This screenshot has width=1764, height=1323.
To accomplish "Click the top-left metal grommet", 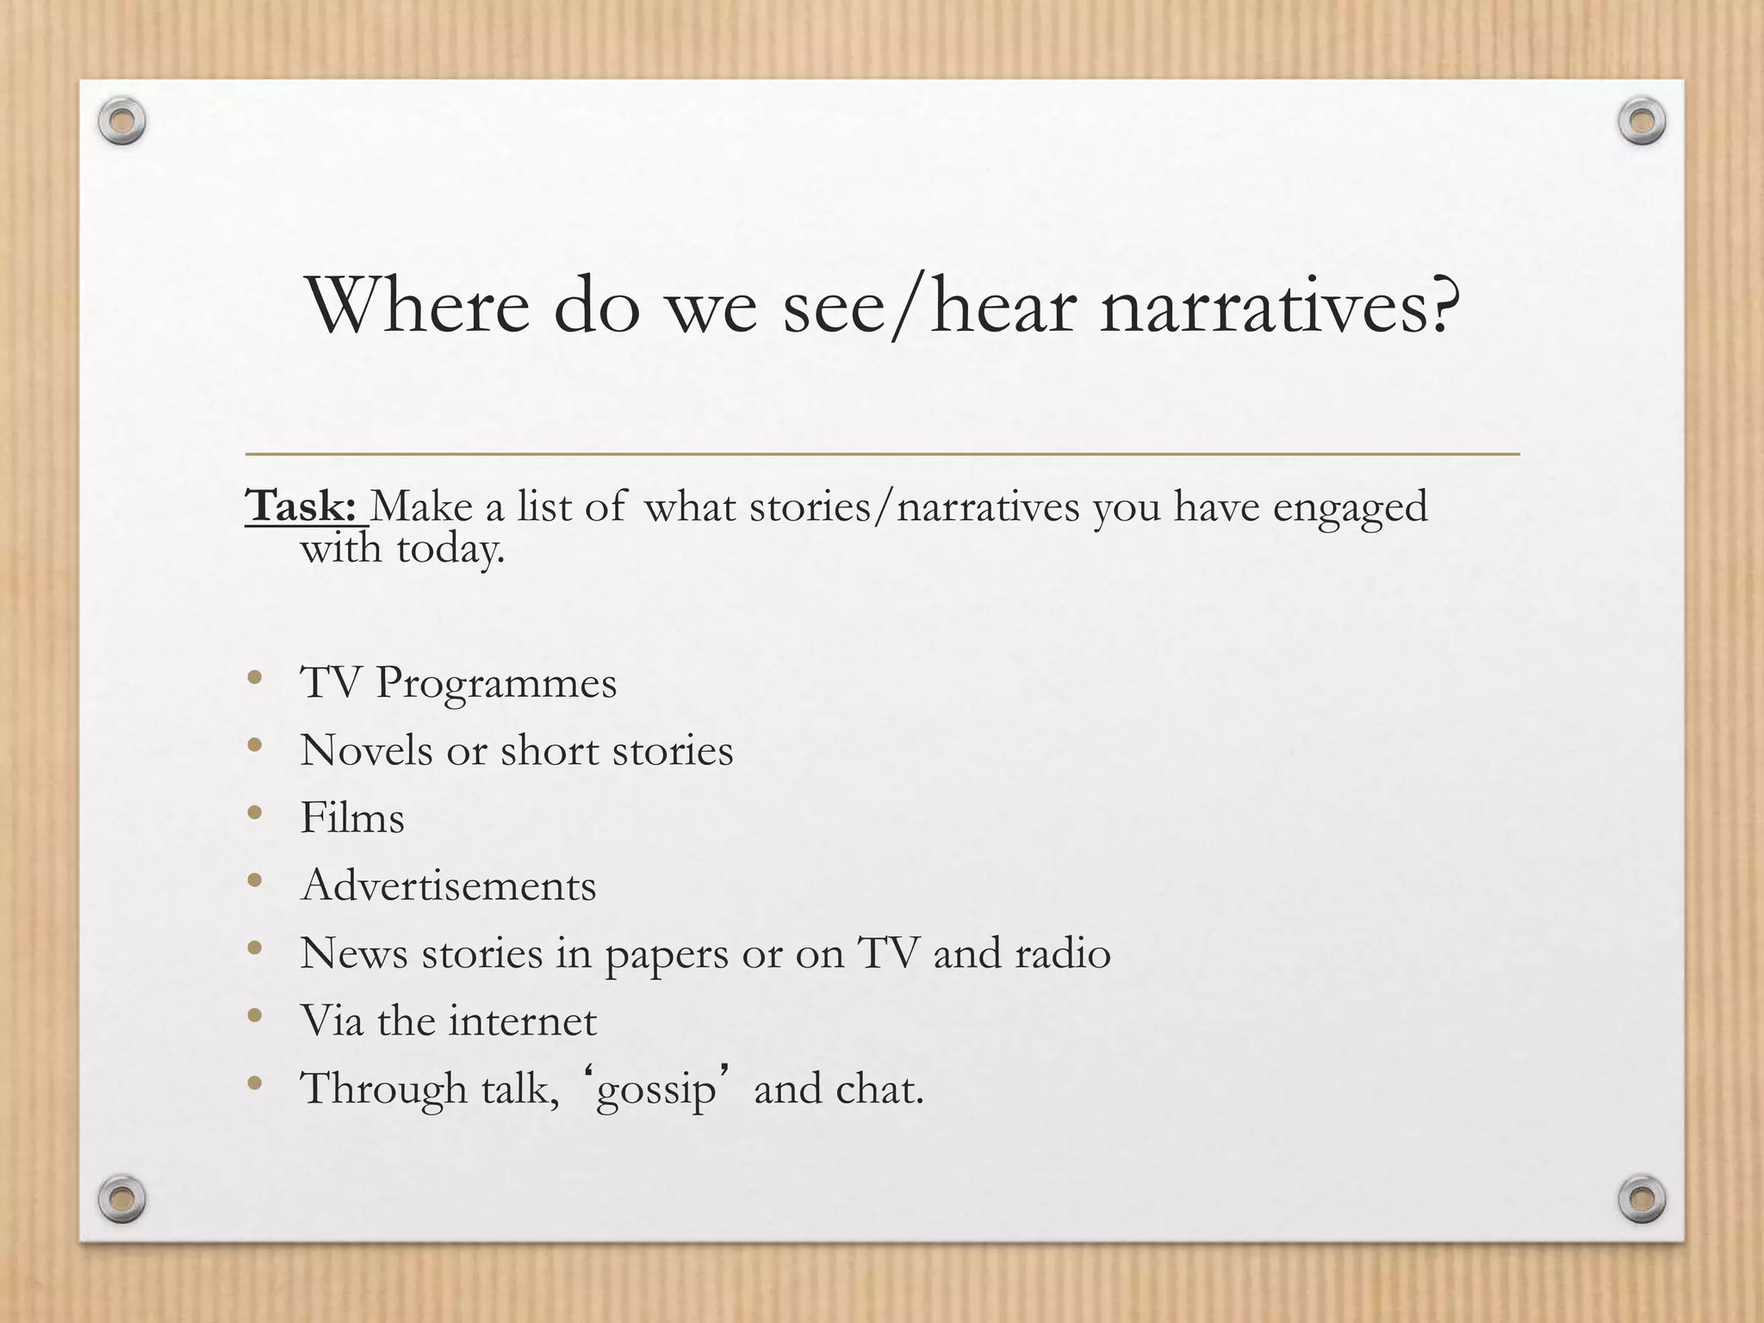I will point(121,121).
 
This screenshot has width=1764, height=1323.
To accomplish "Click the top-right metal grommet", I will point(1642,121).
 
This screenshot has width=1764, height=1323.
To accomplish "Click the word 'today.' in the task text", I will point(450,549).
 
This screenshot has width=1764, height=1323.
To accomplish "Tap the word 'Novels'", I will point(366,750).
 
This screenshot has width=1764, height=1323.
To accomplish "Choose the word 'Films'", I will point(351,817).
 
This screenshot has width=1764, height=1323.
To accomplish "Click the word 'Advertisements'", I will point(448,885).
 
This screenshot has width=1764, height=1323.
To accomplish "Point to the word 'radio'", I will point(1063,953).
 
